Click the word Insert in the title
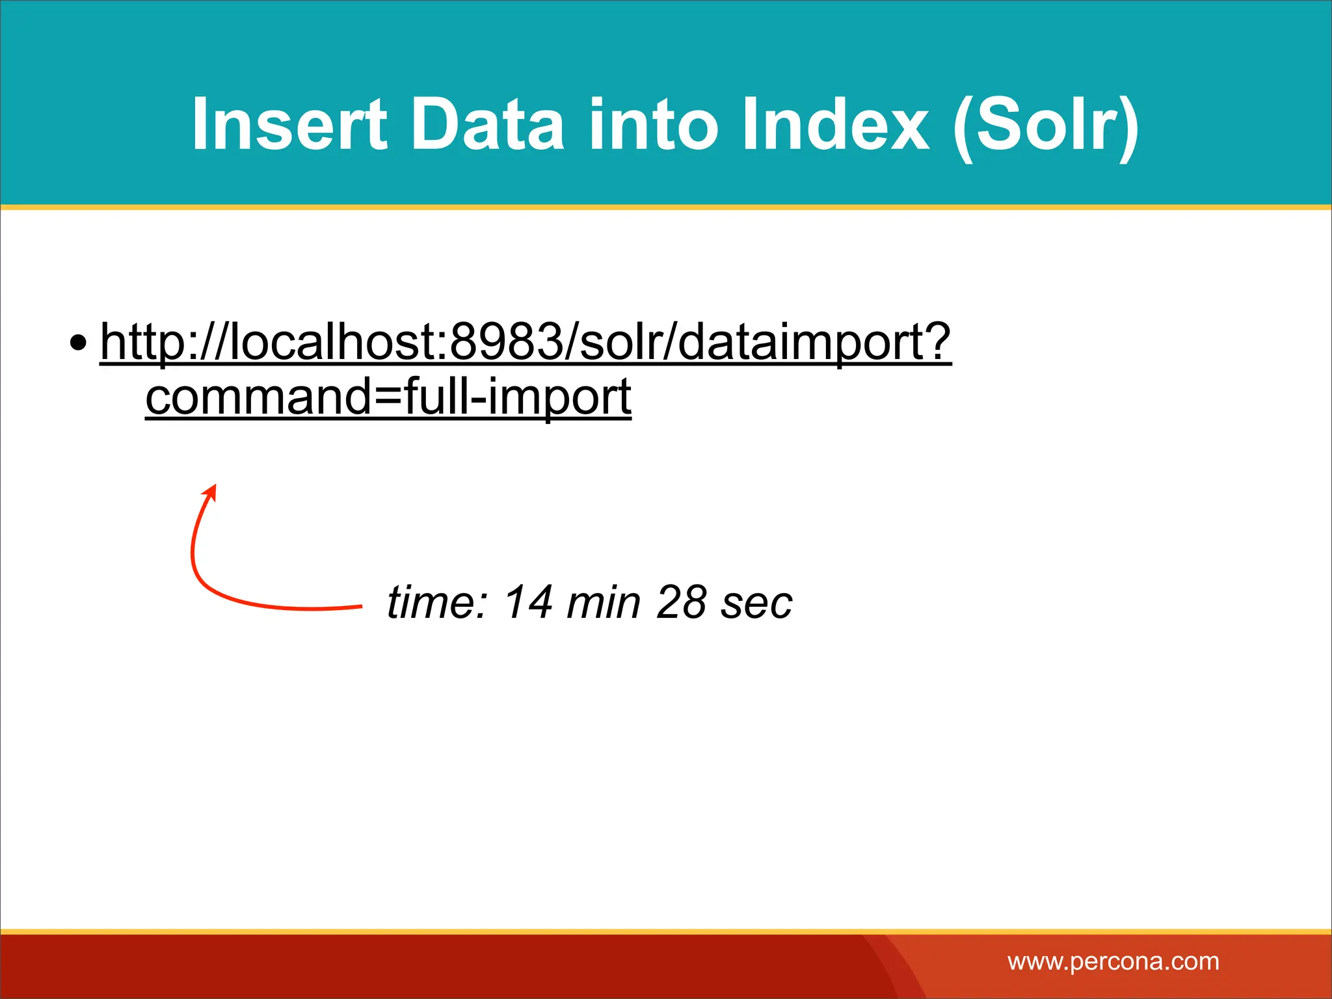click(x=289, y=125)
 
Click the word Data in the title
click(x=487, y=125)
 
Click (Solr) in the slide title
click(x=1045, y=126)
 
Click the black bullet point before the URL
click(x=78, y=343)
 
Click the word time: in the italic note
click(x=436, y=602)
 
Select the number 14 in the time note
click(x=528, y=602)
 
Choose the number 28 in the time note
click(x=681, y=602)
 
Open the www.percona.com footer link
click(x=1113, y=961)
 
